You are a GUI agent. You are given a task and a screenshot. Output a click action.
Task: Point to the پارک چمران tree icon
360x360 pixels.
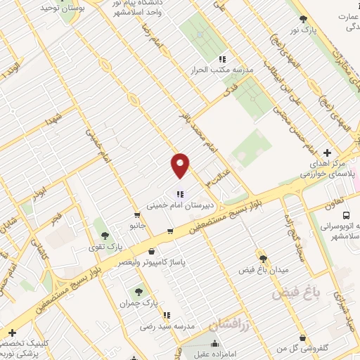click(139, 291)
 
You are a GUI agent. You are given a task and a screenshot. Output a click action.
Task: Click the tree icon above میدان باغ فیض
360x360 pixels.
click(262, 259)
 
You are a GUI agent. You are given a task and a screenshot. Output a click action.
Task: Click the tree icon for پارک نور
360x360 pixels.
click(303, 20)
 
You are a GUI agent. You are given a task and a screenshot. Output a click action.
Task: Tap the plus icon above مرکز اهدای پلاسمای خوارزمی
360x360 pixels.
click(327, 153)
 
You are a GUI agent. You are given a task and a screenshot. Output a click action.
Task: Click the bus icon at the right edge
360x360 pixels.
click(347, 215)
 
